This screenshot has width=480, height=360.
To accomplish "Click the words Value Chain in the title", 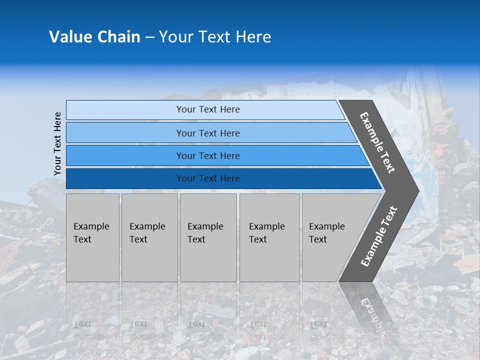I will (x=94, y=37).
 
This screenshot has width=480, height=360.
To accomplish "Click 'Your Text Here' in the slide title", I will (x=215, y=37).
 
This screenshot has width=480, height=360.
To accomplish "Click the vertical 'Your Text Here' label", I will (x=57, y=143).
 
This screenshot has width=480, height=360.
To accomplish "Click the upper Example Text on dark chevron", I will (x=377, y=142).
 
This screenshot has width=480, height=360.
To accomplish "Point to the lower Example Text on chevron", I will (x=379, y=236).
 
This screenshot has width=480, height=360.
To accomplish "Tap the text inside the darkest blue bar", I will (x=208, y=178).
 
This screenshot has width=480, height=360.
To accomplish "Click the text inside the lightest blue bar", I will (x=208, y=109).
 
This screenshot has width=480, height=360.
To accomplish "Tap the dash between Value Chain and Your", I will (x=149, y=37).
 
